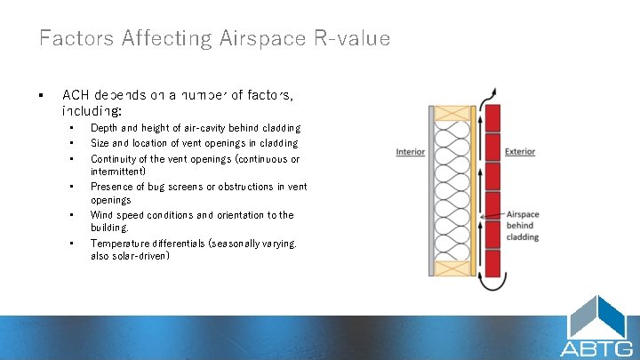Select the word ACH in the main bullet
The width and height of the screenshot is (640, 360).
click(x=75, y=94)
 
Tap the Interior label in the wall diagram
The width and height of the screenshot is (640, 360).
click(x=410, y=152)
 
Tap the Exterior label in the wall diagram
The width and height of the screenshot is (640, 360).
click(x=520, y=152)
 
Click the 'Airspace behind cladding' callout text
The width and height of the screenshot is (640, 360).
click(x=522, y=226)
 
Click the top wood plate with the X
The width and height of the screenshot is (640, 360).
click(x=454, y=113)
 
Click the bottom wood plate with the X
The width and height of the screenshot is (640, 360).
click(x=454, y=268)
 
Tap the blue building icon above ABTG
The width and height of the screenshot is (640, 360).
click(x=597, y=316)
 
